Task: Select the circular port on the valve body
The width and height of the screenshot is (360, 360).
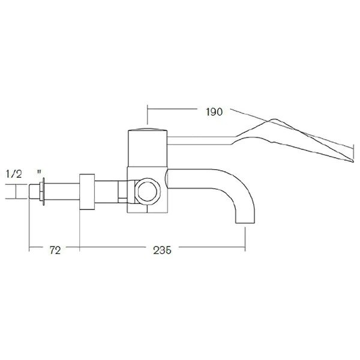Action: [x=147, y=192]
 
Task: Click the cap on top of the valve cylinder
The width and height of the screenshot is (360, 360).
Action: [x=147, y=128]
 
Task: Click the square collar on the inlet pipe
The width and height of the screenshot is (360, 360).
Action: [x=87, y=192]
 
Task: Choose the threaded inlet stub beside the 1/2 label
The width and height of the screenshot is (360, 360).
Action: [x=34, y=192]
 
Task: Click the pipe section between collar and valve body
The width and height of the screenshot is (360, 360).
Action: [x=111, y=192]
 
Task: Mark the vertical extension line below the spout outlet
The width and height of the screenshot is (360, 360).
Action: [x=244, y=237]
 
